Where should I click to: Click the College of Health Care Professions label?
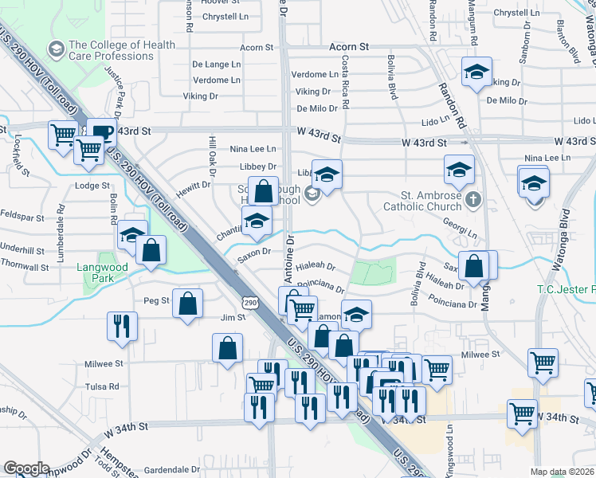click(x=121, y=50)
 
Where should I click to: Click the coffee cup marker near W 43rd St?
click(x=100, y=131)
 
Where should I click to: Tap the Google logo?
click(x=26, y=468)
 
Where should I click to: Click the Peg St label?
click(x=156, y=300)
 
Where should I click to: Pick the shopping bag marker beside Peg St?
click(x=187, y=304)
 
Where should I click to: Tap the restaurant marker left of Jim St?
click(x=122, y=326)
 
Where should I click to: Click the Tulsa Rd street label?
click(x=102, y=386)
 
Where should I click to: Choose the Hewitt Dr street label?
click(x=194, y=184)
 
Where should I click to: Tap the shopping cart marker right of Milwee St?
click(x=543, y=362)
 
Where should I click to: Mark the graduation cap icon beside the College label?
click(x=57, y=50)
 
